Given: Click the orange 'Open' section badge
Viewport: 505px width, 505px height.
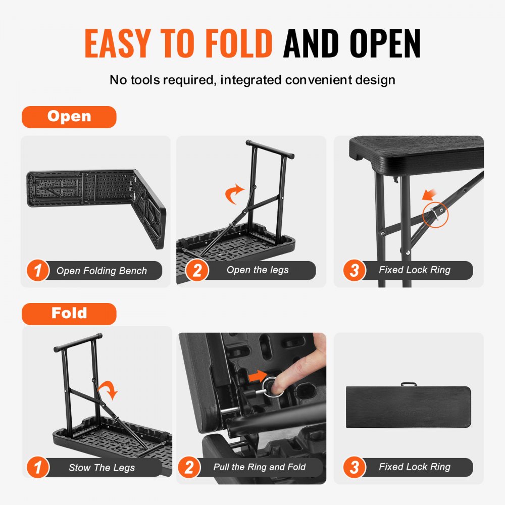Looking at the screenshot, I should click(x=69, y=117).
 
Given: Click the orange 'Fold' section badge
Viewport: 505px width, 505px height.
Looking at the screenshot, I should click(x=69, y=314).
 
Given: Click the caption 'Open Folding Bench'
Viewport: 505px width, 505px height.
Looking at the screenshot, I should click(x=102, y=271).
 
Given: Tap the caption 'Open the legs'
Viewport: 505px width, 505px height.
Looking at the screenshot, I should click(x=258, y=270).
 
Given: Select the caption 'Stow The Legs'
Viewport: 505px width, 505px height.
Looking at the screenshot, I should click(x=102, y=468).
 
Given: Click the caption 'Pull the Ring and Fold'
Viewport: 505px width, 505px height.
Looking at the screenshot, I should click(x=259, y=467).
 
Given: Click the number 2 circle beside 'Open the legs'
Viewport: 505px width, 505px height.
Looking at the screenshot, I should click(x=197, y=271).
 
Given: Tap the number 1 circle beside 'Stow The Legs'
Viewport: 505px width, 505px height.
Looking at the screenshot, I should click(x=38, y=468).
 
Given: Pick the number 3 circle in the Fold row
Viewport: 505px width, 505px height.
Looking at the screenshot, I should click(x=354, y=468).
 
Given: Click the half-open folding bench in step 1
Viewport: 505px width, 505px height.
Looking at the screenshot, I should click(x=96, y=202).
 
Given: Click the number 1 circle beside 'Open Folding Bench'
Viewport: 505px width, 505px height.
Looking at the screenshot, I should click(x=38, y=271).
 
